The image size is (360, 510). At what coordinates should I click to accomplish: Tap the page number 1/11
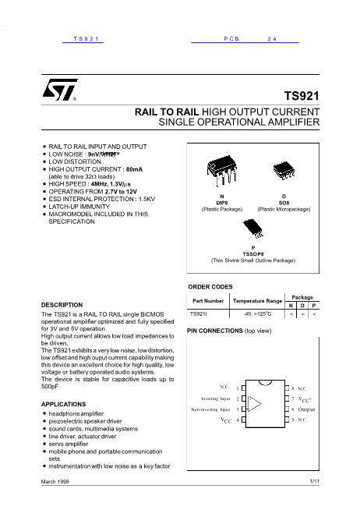pyautogui.click(x=314, y=484)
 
